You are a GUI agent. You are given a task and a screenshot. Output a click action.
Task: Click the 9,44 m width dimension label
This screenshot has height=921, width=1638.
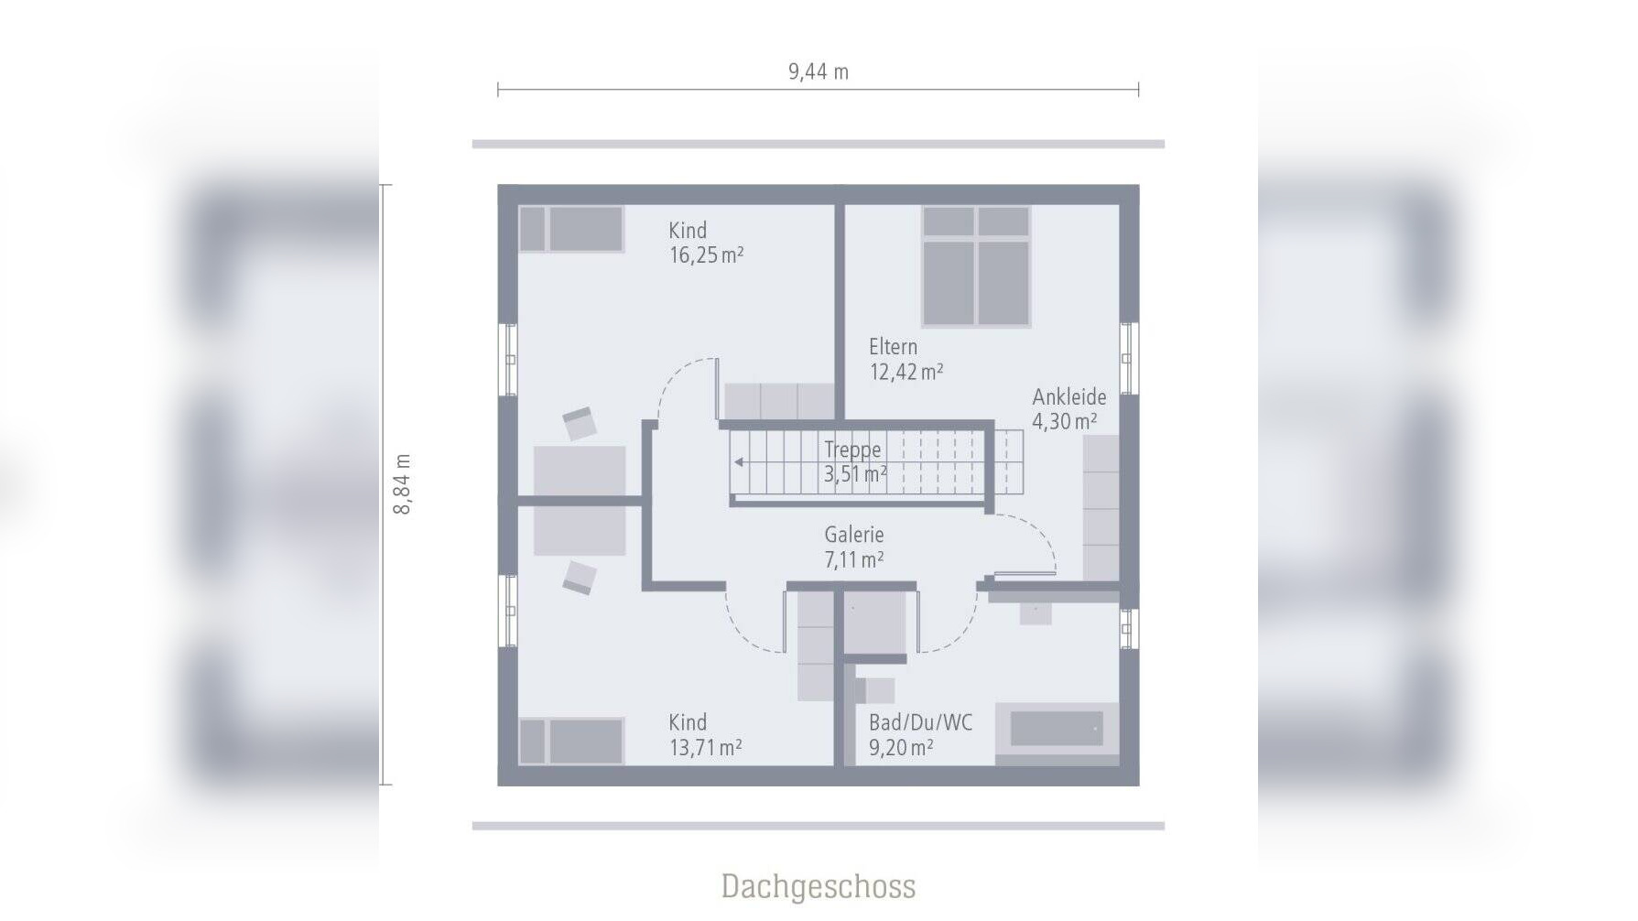coord(819,71)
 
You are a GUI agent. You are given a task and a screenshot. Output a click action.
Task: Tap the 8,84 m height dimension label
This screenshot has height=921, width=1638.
coord(402,484)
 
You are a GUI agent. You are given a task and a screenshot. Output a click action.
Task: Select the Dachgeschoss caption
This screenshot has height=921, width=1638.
coord(819,886)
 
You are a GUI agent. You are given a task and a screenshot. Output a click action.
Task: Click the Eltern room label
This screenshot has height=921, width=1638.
coord(893,347)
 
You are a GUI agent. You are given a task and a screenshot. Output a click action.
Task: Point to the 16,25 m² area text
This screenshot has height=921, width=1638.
coord(706,255)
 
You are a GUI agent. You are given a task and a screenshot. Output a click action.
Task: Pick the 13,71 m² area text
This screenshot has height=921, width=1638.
coord(705,747)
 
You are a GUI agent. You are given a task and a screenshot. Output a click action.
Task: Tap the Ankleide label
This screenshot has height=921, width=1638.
coord(1069,396)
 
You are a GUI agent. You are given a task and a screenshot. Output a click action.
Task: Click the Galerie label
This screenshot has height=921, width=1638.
coord(854,535)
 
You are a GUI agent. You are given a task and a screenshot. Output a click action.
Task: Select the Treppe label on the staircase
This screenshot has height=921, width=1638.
coord(852,450)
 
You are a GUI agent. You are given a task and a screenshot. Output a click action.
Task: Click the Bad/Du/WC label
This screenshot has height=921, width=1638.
coord(920,722)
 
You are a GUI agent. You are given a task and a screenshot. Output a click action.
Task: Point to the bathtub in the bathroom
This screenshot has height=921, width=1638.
coord(1057,730)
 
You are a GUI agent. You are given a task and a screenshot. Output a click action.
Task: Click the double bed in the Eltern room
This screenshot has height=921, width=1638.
coord(976,266)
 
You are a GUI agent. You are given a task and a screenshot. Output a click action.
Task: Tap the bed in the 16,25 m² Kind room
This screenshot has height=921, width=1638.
coord(571,229)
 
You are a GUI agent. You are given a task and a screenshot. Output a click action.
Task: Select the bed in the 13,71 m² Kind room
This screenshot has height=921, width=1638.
coord(571,741)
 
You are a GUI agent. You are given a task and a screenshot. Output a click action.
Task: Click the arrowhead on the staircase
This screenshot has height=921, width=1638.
coord(739,462)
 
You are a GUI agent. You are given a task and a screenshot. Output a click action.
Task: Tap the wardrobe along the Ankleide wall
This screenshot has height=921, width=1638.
coord(1101,507)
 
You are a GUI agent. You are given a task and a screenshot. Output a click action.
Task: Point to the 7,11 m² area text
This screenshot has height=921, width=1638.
coord(854,559)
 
